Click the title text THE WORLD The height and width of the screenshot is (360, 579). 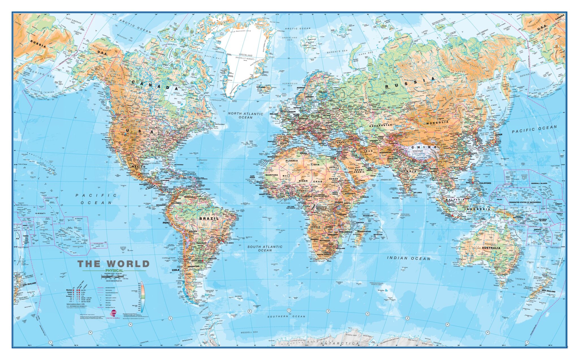coord(113,264)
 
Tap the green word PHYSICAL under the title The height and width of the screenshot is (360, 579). coord(114,271)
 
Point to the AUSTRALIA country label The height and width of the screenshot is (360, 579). coord(491,248)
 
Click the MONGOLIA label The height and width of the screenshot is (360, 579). coord(437,122)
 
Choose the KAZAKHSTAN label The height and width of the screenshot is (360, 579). coord(381,125)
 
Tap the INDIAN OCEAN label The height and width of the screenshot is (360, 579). coord(409,258)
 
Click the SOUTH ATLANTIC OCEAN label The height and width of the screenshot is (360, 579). coord(265,248)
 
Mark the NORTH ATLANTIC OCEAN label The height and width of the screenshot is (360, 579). coord(245,115)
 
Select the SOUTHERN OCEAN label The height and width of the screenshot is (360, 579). coord(286,316)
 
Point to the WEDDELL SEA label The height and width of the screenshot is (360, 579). coord(249,332)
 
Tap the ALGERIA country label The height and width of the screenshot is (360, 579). coord(291,161)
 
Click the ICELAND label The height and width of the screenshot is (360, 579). coord(261,87)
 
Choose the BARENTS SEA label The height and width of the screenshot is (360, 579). coord(337,51)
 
